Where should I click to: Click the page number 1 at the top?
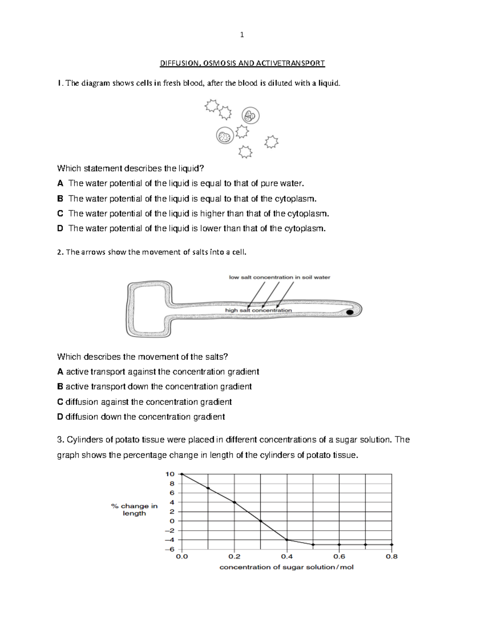pyautogui.click(x=242, y=35)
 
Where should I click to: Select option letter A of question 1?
pyautogui.click(x=60, y=183)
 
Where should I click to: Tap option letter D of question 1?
pyautogui.click(x=60, y=228)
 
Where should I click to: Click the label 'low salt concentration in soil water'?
pyautogui.click(x=279, y=277)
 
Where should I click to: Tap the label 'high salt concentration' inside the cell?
pyautogui.click(x=258, y=310)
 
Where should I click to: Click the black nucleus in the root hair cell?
pyautogui.click(x=350, y=312)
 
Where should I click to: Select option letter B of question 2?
pyautogui.click(x=60, y=387)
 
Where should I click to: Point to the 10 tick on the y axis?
pyautogui.click(x=170, y=474)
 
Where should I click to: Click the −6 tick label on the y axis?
pyautogui.click(x=170, y=549)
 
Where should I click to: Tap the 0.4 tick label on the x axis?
pyautogui.click(x=287, y=556)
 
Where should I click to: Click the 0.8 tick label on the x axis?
pyautogui.click(x=391, y=556)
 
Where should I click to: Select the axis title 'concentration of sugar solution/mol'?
pyautogui.click(x=286, y=567)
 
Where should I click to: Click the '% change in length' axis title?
pyautogui.click(x=134, y=510)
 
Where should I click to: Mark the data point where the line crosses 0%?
pyautogui.click(x=261, y=521)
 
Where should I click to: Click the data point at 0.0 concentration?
pyautogui.click(x=182, y=474)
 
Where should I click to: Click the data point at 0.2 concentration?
pyautogui.click(x=234, y=502)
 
